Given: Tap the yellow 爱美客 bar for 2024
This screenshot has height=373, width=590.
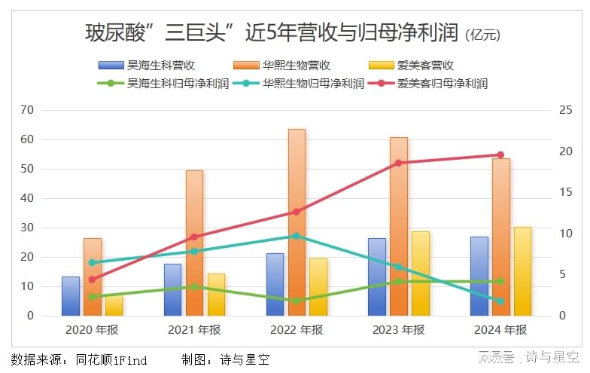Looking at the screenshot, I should point(522,271).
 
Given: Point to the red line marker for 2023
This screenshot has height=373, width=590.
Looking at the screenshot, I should point(398,163).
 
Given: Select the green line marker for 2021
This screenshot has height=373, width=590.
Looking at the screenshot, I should point(194,286).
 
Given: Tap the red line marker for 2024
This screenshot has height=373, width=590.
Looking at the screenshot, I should point(500,154).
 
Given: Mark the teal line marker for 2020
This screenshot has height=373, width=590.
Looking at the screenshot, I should point(92,262).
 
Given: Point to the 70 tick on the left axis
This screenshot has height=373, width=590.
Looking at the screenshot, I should point(27,110).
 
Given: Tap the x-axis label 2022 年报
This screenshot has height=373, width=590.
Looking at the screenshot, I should point(297,329).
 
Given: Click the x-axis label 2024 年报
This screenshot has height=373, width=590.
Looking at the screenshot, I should point(500,329).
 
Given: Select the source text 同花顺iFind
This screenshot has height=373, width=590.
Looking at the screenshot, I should point(111,359).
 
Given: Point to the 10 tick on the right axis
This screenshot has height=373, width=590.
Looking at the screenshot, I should point(565,234).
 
